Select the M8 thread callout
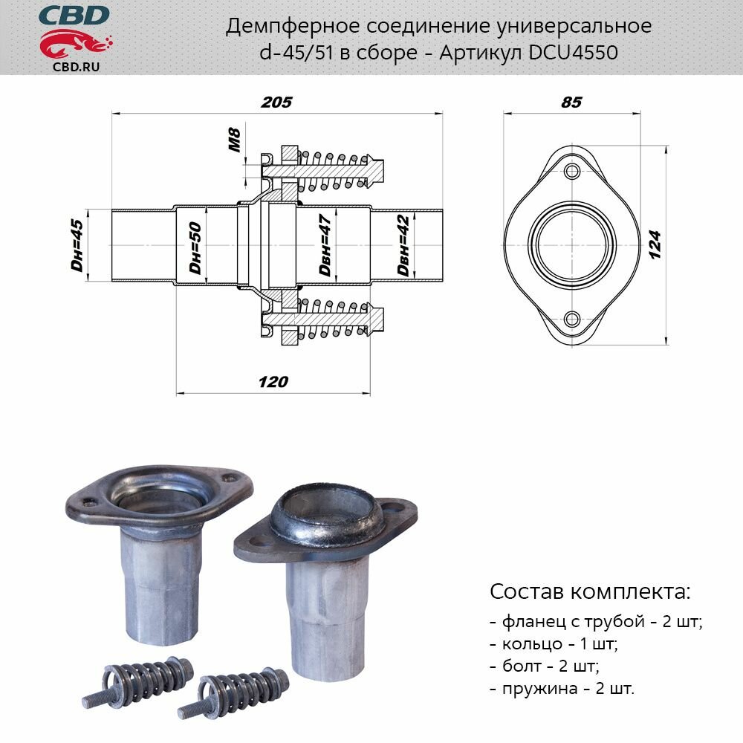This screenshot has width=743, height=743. pyautogui.click(x=235, y=141)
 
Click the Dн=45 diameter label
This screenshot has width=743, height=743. pyautogui.click(x=77, y=245)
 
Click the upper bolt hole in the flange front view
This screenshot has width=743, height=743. pyautogui.click(x=571, y=172)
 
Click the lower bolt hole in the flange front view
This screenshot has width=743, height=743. pyautogui.click(x=571, y=319)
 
